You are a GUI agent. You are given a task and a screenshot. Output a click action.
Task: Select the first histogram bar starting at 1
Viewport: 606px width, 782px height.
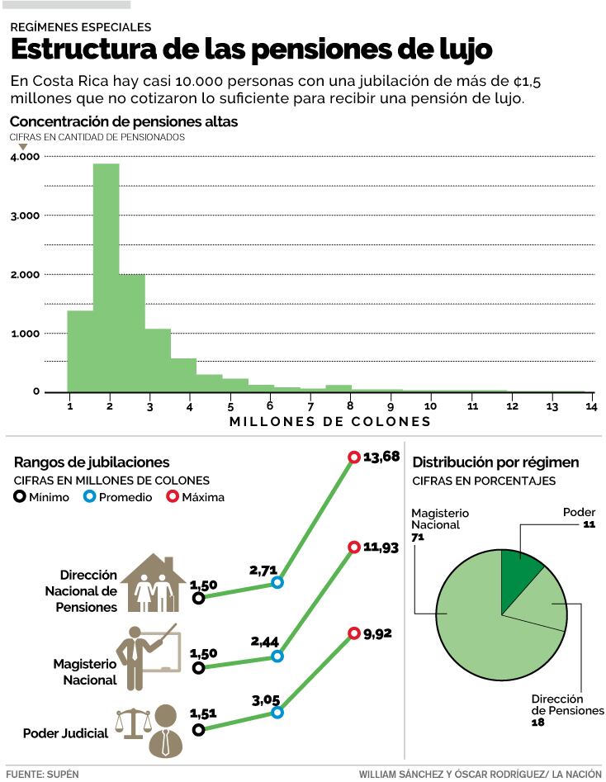coord(80,351)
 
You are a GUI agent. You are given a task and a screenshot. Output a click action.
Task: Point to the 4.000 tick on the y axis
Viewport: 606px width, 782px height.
coord(26,156)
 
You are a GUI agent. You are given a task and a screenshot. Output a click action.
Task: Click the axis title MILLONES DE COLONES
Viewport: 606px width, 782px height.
coord(330,422)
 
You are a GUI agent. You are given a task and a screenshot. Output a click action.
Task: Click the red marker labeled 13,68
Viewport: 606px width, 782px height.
coord(354,457)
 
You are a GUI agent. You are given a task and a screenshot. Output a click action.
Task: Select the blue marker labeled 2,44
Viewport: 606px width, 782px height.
coord(277,656)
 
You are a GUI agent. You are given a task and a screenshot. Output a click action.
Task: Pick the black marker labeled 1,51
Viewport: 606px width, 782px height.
coord(198,730)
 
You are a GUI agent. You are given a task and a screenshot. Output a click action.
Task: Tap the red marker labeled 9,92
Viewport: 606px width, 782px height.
coord(354,636)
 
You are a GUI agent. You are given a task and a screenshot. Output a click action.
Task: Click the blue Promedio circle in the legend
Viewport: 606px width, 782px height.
coord(89,497)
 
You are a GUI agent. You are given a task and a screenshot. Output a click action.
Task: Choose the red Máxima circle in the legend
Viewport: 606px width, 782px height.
coord(173,497)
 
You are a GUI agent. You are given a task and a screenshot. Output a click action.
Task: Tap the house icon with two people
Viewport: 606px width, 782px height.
coord(154,584)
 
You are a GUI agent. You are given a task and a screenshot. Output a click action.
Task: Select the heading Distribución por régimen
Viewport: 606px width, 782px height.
coord(495,462)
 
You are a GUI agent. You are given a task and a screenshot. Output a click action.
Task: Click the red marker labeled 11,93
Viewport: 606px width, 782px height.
coord(354,547)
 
